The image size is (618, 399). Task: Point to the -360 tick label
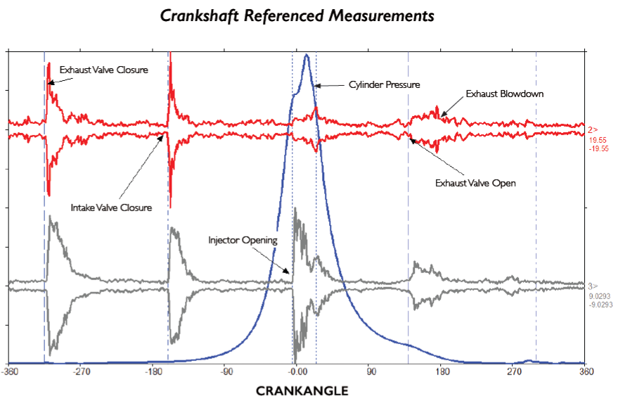click(11, 371)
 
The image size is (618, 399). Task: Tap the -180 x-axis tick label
click(154, 371)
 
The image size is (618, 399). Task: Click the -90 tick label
click(226, 371)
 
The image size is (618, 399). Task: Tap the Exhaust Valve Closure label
click(103, 70)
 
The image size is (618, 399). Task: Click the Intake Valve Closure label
click(111, 208)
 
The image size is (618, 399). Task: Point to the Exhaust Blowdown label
click(504, 94)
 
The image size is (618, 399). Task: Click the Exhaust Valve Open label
click(475, 183)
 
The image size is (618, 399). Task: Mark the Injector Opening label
click(243, 240)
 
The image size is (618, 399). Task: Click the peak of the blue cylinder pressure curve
click(306, 56)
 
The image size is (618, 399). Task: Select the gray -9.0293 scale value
click(600, 305)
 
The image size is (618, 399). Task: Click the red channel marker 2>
click(593, 129)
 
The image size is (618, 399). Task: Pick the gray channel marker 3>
click(593, 286)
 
